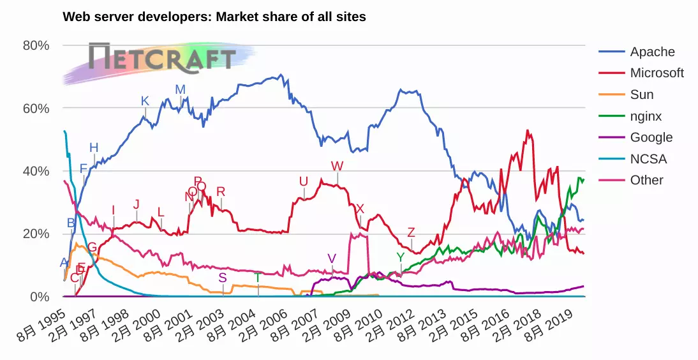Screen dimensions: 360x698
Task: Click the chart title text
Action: coord(214,17)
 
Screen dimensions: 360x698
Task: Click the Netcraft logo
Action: coord(162,58)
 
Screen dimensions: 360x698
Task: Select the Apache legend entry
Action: coord(651,52)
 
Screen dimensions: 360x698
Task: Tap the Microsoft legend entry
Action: coord(657,73)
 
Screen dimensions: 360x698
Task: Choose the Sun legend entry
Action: coord(641,94)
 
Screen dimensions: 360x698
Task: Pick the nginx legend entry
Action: coord(645,116)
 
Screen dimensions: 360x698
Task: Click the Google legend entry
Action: coord(651,137)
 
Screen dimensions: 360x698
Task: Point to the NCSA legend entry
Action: coord(648,159)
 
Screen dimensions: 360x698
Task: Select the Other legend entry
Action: coord(646,180)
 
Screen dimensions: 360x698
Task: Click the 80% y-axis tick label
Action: coord(36,45)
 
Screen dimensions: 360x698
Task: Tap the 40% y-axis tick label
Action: coord(36,171)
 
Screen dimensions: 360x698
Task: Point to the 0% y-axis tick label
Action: coord(40,297)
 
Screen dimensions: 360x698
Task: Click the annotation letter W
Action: coord(337,166)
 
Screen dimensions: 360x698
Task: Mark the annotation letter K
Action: coord(145,101)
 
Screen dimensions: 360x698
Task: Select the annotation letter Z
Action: coord(411,232)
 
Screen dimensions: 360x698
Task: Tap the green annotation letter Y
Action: coord(400,257)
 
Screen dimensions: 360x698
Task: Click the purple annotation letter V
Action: coord(332,259)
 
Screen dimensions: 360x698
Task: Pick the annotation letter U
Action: coord(304,182)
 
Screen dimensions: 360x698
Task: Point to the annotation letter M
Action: coord(181,89)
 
